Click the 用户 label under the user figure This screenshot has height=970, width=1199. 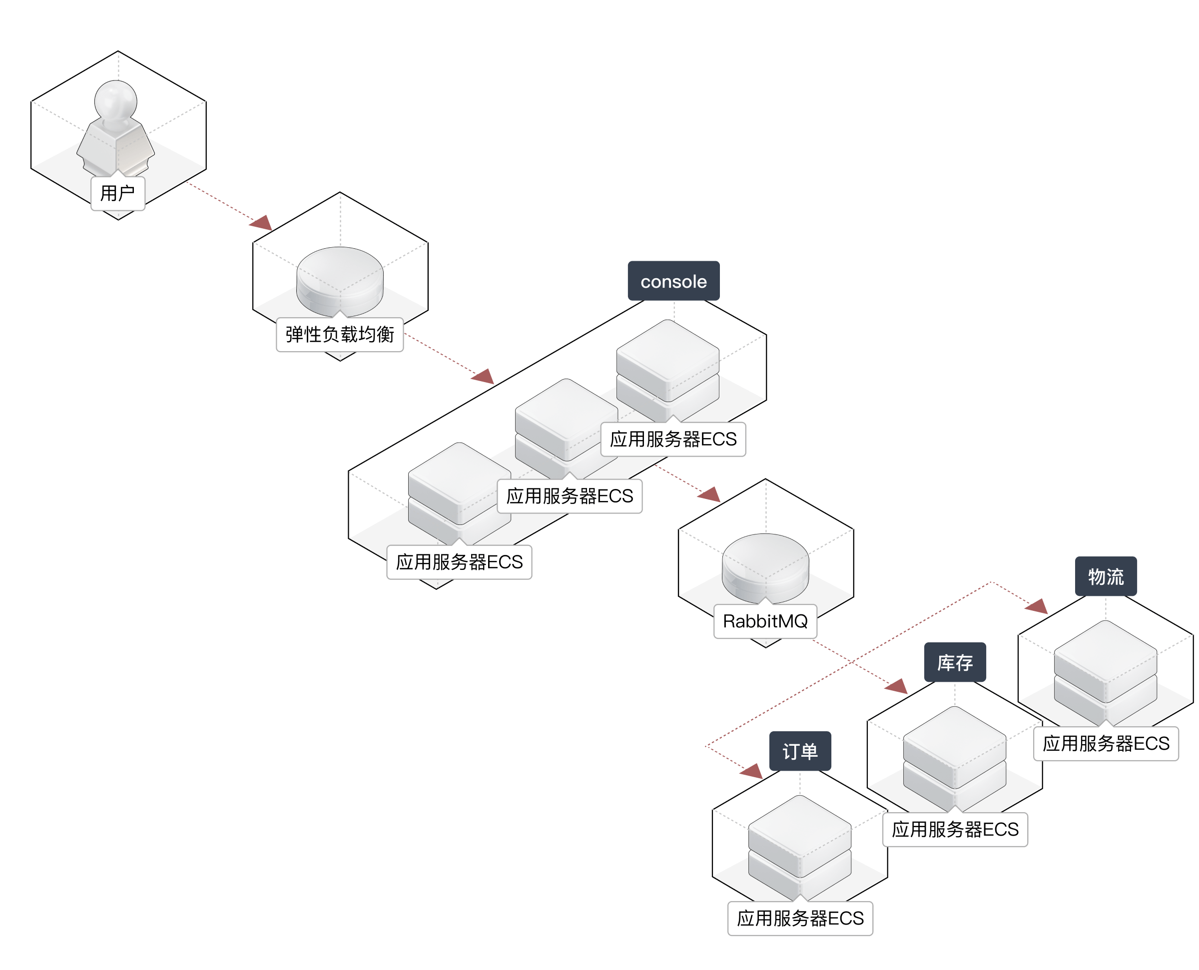pos(117,193)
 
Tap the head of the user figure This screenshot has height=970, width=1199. pos(116,99)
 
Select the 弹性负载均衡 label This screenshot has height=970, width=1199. pos(340,335)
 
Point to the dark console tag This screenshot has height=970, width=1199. pos(673,281)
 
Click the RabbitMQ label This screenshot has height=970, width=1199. pos(765,621)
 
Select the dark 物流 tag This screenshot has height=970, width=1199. pos(1106,576)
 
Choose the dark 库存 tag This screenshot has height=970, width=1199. pos(955,663)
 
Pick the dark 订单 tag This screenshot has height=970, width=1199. pos(800,751)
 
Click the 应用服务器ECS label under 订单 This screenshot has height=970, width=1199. pos(800,918)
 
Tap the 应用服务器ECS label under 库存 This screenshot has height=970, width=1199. pos(955,829)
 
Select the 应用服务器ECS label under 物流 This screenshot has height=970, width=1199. pos(1106,743)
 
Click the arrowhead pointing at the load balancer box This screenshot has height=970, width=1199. pos(261,223)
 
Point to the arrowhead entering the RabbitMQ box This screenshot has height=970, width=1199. pos(709,494)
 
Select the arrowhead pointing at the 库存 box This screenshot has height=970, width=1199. pos(896,687)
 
